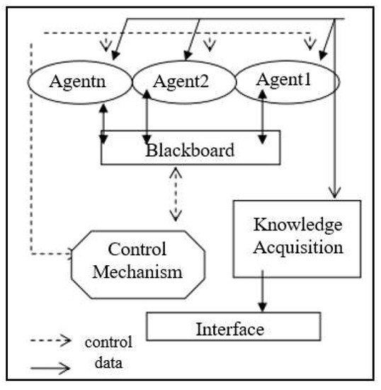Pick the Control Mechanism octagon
[x=137, y=261]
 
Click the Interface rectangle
[x=229, y=329]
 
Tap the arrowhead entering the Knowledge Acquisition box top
[x=334, y=191]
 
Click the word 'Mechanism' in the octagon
[x=137, y=272]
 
